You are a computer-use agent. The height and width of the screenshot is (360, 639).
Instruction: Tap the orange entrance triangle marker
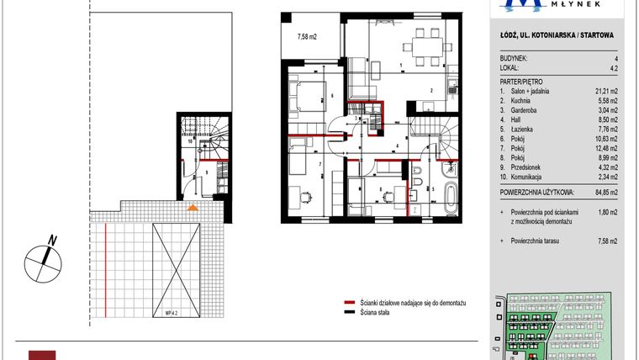(x=193, y=206)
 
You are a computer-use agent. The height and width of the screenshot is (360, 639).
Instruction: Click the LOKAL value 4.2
(x=614, y=68)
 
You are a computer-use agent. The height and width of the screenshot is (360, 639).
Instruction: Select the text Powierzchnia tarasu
(x=536, y=241)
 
